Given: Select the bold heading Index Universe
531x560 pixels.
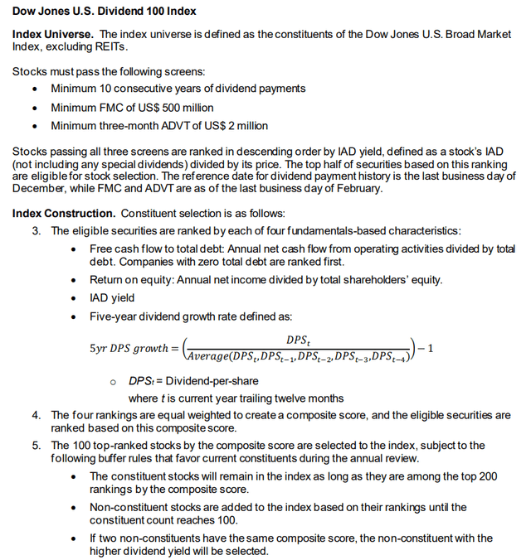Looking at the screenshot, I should [x=52, y=34].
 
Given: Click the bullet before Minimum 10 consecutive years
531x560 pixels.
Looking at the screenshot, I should [x=34, y=89].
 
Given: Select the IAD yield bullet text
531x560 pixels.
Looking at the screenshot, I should [x=112, y=297].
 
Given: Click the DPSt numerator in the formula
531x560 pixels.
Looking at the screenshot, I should [x=297, y=340].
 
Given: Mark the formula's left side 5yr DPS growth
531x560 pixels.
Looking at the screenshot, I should [x=129, y=348].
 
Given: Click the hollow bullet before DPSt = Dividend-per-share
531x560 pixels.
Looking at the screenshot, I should [x=113, y=382].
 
